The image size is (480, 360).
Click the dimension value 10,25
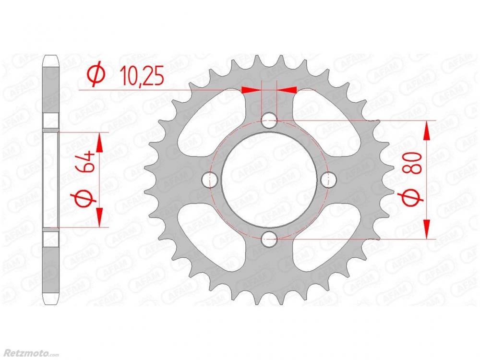(142, 75)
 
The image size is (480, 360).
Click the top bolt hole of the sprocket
(269, 120)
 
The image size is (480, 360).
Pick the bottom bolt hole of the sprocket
(269, 239)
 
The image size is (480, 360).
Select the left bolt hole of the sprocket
(210, 180)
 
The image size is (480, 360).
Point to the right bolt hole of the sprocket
(329, 180)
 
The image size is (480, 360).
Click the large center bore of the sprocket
(269, 180)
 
